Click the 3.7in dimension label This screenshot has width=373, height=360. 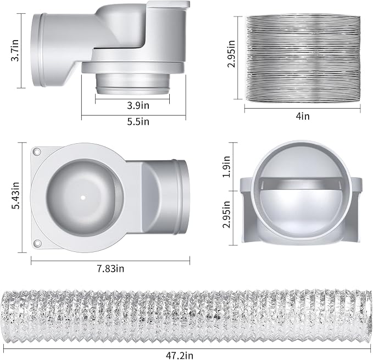(x=15, y=50)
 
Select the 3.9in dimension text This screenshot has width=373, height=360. (x=138, y=105)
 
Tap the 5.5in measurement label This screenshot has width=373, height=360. (x=138, y=122)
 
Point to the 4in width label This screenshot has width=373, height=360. (x=303, y=116)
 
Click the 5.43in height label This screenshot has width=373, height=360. (x=16, y=195)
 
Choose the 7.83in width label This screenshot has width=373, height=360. (x=110, y=269)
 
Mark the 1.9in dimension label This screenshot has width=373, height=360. (x=226, y=167)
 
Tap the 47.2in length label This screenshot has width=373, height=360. (x=180, y=356)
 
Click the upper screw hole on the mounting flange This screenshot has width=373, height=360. (x=37, y=151)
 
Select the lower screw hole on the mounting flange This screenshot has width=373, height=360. (x=37, y=243)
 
